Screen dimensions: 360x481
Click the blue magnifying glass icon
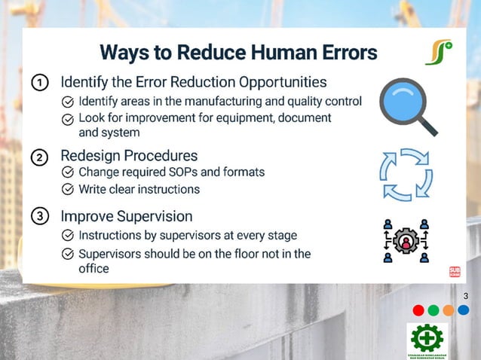(x=407, y=106)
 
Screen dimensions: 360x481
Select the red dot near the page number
(x=418, y=310)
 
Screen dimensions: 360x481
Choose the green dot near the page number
(x=434, y=310)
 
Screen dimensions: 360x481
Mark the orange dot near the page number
(x=449, y=310)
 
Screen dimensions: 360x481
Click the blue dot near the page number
(x=463, y=310)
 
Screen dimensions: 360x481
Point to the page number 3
(x=466, y=296)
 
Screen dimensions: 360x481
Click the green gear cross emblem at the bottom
(x=427, y=337)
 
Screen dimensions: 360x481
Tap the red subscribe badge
(x=455, y=273)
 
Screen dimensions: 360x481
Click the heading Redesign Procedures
(x=129, y=156)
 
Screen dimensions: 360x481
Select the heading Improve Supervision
(x=126, y=216)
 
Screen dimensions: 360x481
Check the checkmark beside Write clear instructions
(x=67, y=189)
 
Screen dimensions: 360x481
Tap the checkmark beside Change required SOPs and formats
(x=67, y=172)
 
